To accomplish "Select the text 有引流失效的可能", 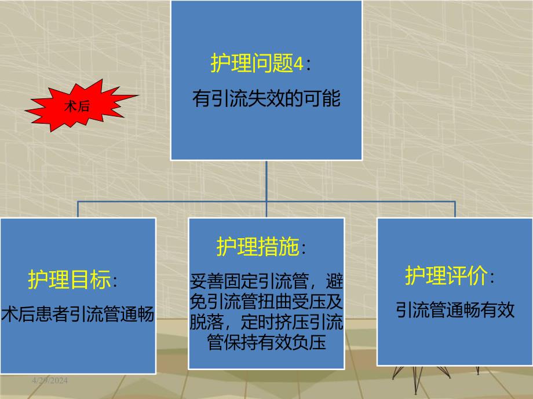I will pyautogui.click(x=266, y=99).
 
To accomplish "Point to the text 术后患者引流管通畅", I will pyautogui.click(x=78, y=315).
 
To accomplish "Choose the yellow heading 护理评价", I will pyautogui.click(x=446, y=276).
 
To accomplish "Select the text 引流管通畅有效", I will pyautogui.click(x=455, y=310).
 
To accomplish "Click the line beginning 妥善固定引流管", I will pyautogui.click(x=266, y=282).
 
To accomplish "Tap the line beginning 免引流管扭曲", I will pyautogui.click(x=266, y=302).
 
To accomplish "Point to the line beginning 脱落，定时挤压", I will pyautogui.click(x=266, y=323).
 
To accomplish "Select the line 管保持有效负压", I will pyautogui.click(x=266, y=342).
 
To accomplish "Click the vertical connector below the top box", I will pyautogui.click(x=266, y=180).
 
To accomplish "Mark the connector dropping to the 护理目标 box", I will pyautogui.click(x=78, y=209).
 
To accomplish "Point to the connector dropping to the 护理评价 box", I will pyautogui.click(x=455, y=209).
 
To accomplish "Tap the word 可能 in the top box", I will pyautogui.click(x=326, y=99).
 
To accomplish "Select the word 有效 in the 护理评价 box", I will pyautogui.click(x=500, y=310).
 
